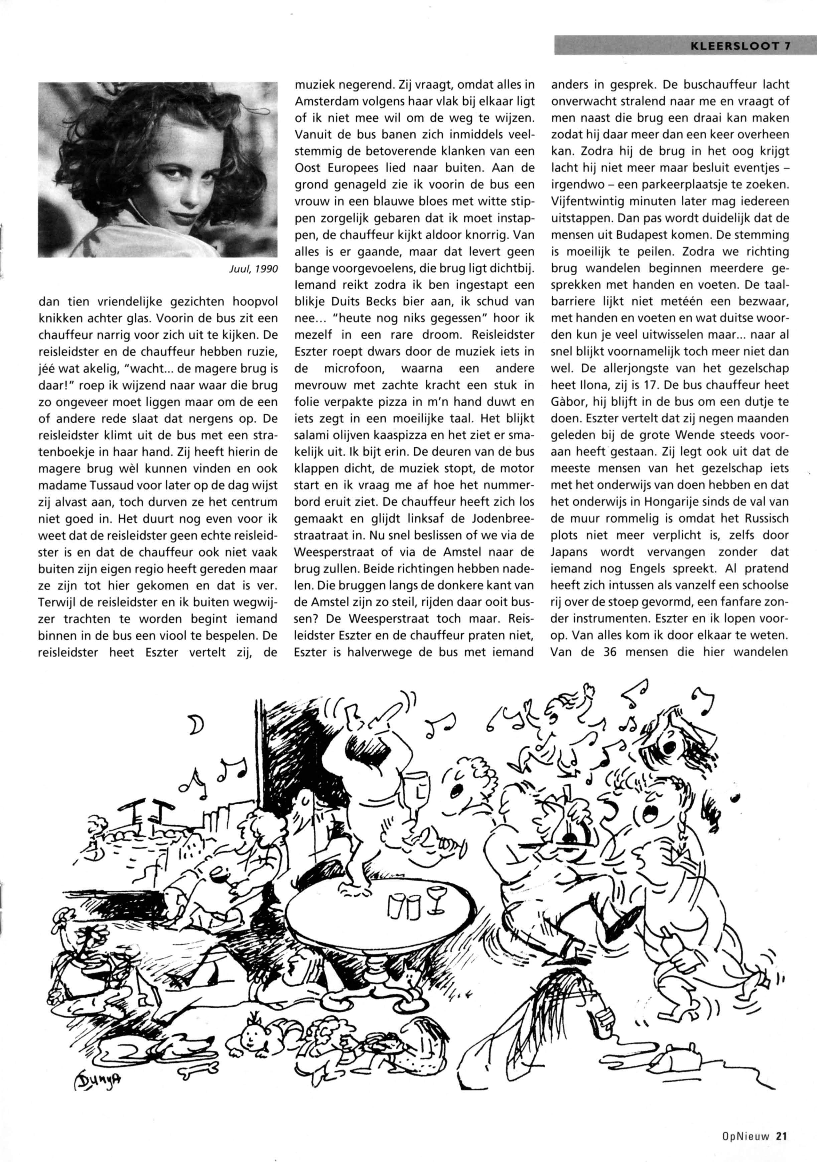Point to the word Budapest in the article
tap(641, 235)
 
